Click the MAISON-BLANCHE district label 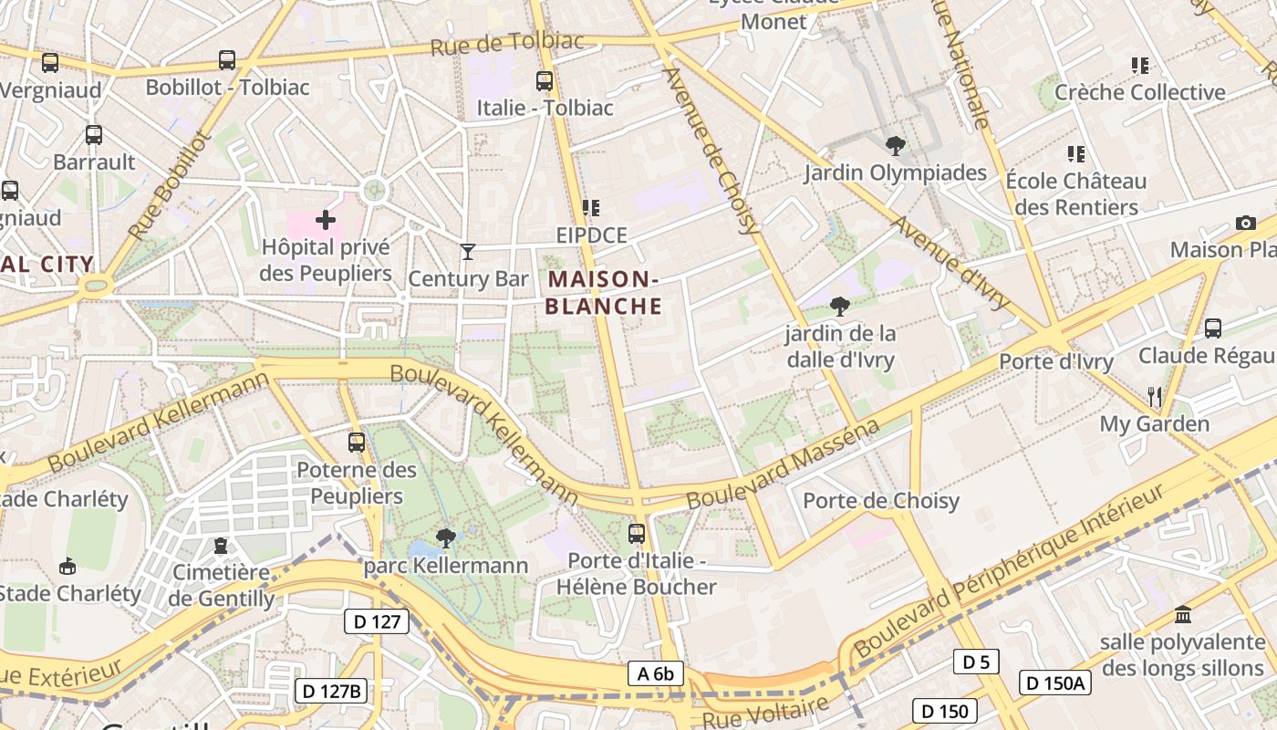pos(603,292)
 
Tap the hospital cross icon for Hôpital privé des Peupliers pos(326,220)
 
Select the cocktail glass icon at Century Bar pos(468,251)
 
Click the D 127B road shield pos(331,691)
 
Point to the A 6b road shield pos(656,674)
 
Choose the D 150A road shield pos(1054,683)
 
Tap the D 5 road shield pos(976,662)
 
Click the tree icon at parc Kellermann pos(445,538)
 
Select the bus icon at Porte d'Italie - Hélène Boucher pos(637,533)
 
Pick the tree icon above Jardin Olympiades pos(896,145)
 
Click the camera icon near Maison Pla pos(1245,223)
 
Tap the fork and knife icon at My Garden pos(1155,396)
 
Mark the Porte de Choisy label pos(880,500)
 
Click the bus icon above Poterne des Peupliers pos(357,443)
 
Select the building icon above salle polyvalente pos(1183,613)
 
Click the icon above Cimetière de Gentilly pos(220,546)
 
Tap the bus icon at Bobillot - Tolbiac pos(227,60)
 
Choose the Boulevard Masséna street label pos(783,464)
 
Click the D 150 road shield pos(945,711)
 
